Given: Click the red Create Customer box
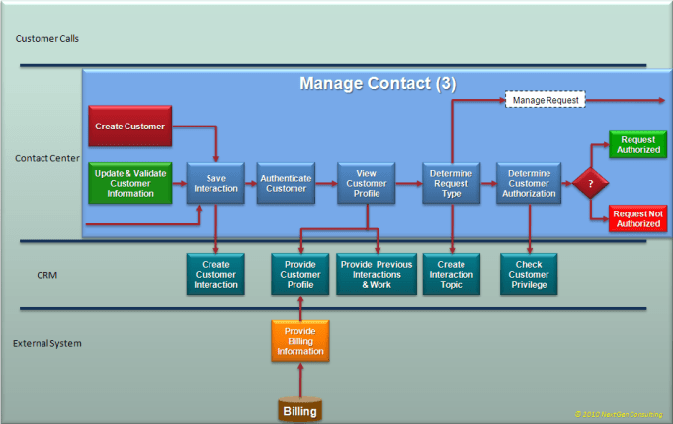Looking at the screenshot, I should pos(130,127).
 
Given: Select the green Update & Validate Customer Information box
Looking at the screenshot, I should pos(130,182).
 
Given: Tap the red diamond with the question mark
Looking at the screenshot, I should pos(591,183).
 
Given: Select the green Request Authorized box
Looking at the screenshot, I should pos(637,144).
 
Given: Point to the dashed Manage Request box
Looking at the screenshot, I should pos(546,100).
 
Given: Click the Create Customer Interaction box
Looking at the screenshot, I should pos(214,274).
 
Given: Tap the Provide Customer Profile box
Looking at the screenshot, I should pos(299,274).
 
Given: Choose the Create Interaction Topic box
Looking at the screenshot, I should pos(452,274).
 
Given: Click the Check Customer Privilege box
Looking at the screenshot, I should pos(529,274).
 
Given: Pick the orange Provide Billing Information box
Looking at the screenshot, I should pos(299,341).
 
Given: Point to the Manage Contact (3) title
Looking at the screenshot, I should pos(377,84).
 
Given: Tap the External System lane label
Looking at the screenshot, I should pos(47,344).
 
